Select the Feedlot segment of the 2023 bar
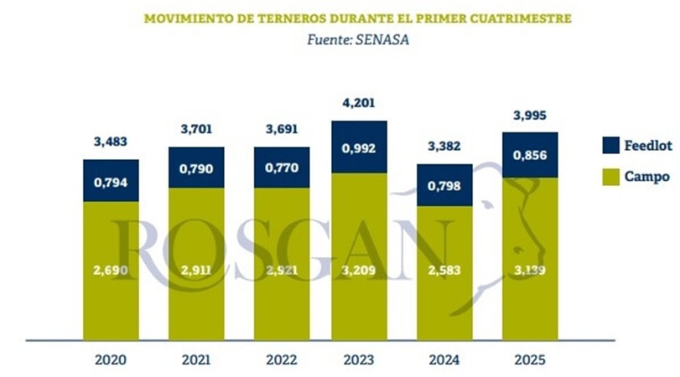click(x=360, y=147)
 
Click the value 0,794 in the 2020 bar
click(x=111, y=180)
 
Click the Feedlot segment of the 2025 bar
click(x=530, y=155)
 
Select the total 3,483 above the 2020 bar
click(x=111, y=142)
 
